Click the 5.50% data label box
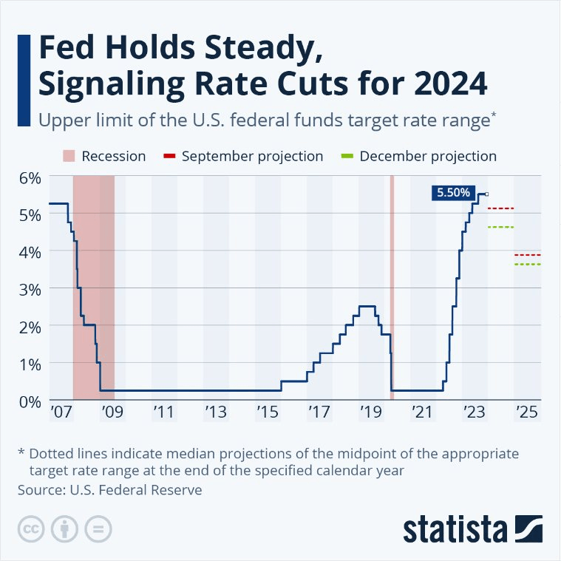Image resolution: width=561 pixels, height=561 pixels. pyautogui.click(x=453, y=193)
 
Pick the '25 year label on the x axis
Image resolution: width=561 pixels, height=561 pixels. pyautogui.click(x=526, y=411)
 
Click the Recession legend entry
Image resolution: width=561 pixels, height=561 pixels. pyautogui.click(x=103, y=156)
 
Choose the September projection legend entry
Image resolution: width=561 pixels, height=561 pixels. pyautogui.click(x=243, y=156)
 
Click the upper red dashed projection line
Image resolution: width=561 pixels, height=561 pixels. pyautogui.click(x=500, y=208)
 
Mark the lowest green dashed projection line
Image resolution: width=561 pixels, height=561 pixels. pyautogui.click(x=527, y=264)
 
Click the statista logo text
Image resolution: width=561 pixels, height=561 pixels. pyautogui.click(x=456, y=530)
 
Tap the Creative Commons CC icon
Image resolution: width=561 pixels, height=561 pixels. pyautogui.click(x=29, y=530)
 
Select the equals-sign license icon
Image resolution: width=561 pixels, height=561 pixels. pyautogui.click(x=97, y=530)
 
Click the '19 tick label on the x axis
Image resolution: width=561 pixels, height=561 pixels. pyautogui.click(x=370, y=411)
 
